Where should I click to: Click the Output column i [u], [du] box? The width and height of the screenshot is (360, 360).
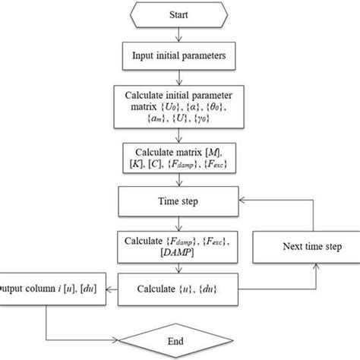pos(45,289)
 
